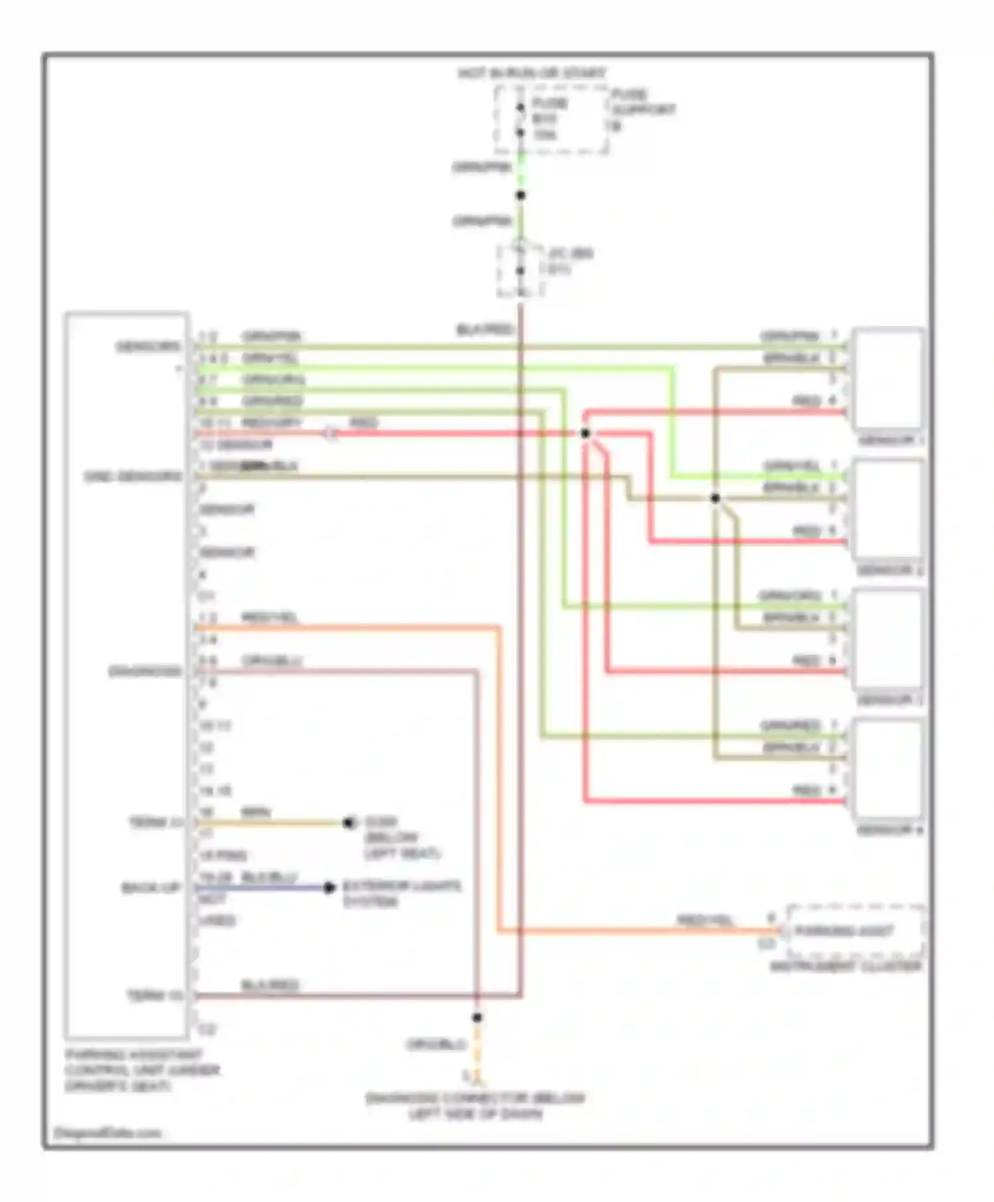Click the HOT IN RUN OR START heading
(531, 73)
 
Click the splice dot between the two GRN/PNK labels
(521, 195)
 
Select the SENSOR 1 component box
(888, 379)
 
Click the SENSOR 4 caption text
(890, 830)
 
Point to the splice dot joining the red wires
(585, 433)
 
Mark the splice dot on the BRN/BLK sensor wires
(715, 498)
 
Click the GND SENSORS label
(133, 476)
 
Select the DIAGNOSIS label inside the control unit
(145, 671)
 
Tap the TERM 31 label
(155, 822)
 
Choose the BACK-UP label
(152, 887)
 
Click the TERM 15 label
(155, 995)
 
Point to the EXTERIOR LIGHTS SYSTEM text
(401, 893)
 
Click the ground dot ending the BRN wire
(349, 823)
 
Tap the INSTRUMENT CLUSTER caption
(846, 967)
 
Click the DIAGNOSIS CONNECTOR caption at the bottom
(475, 1106)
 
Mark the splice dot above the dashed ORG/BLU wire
(476, 1017)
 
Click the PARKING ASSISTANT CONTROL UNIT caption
(142, 1070)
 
